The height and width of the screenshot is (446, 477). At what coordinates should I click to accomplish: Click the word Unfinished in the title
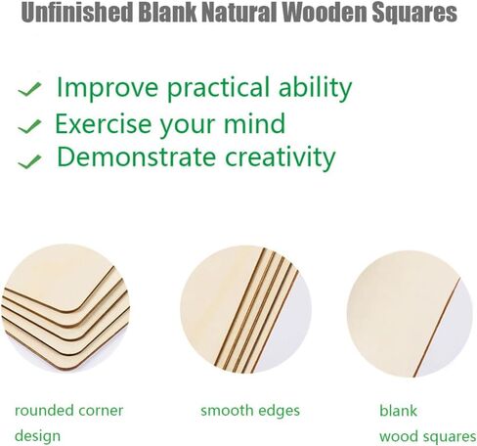coord(77,12)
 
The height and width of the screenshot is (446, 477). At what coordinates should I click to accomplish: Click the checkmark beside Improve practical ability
coord(29,89)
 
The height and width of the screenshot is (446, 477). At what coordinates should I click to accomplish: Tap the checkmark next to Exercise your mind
coord(29,126)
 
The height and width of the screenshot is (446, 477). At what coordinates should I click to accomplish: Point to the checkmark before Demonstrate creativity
coord(29,161)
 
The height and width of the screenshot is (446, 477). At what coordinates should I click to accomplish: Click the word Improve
coord(108,88)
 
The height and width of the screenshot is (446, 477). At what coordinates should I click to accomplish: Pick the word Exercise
coord(104,124)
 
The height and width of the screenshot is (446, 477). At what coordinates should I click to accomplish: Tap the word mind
coord(254,123)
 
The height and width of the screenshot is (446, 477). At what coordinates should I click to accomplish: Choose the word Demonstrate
coord(136,157)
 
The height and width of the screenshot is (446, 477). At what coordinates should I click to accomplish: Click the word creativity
coord(281,158)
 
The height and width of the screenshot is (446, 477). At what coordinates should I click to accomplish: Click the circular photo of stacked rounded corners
coord(65,308)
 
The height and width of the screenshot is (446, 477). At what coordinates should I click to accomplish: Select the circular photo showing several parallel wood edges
coord(245,309)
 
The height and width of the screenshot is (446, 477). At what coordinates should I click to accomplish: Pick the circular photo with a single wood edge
coord(410,314)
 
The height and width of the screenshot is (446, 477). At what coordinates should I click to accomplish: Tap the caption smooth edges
coord(250,411)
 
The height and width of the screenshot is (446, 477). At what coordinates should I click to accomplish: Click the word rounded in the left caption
coord(41,411)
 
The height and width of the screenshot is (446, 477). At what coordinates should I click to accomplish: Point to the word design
coord(37,436)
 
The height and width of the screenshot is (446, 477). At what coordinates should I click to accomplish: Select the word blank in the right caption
coord(398,411)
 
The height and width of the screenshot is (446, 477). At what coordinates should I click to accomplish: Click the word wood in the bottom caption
coord(398,436)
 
